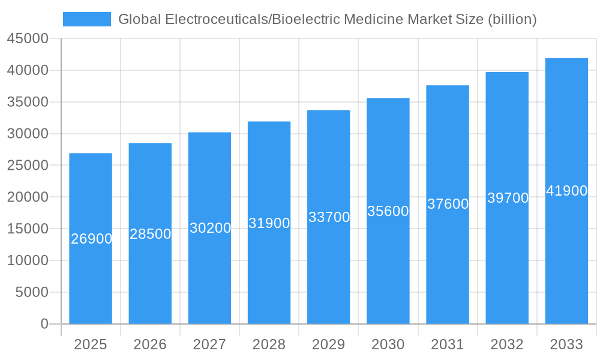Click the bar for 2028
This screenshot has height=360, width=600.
coord(269,270)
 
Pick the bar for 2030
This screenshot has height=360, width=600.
coord(388,270)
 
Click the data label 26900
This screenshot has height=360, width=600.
coord(91,239)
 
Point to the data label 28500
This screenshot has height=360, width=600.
coord(151,234)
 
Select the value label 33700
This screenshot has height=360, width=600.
coord(329,217)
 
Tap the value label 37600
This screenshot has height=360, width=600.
coord(448,204)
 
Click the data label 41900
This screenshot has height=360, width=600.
coord(566,191)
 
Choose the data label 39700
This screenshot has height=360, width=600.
coord(508,198)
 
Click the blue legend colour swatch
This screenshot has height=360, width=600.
coord(87,19)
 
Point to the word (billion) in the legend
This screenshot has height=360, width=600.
coord(512,19)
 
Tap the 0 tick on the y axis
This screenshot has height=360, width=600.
coord(44,324)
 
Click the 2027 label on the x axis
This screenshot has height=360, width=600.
coord(209,344)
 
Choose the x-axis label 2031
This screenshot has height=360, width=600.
coord(448,344)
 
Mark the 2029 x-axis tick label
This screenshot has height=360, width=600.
coord(329,344)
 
